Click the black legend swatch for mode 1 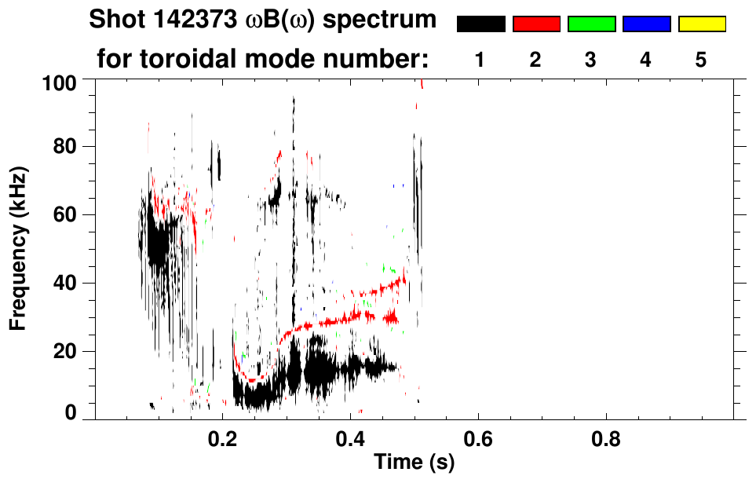click(480, 24)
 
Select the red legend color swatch click(536, 24)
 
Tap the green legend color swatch click(591, 24)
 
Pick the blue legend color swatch click(646, 24)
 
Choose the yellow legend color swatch click(701, 24)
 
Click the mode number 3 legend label click(590, 60)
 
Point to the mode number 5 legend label click(701, 60)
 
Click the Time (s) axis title click(413, 462)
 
